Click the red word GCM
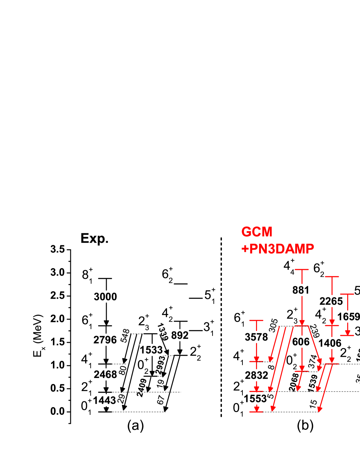(257, 232)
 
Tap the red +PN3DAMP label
(278, 249)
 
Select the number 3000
(105, 297)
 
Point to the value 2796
(105, 339)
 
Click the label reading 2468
(105, 374)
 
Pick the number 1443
(104, 400)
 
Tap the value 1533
(151, 349)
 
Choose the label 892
(180, 335)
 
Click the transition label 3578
(256, 337)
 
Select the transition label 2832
(256, 375)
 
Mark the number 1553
(255, 399)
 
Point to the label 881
(301, 290)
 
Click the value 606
(301, 342)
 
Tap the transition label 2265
(331, 301)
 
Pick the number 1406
(330, 343)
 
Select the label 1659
(349, 316)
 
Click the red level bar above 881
(302, 270)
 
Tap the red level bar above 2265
(332, 276)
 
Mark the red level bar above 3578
(256, 320)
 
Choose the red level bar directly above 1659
(347, 294)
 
